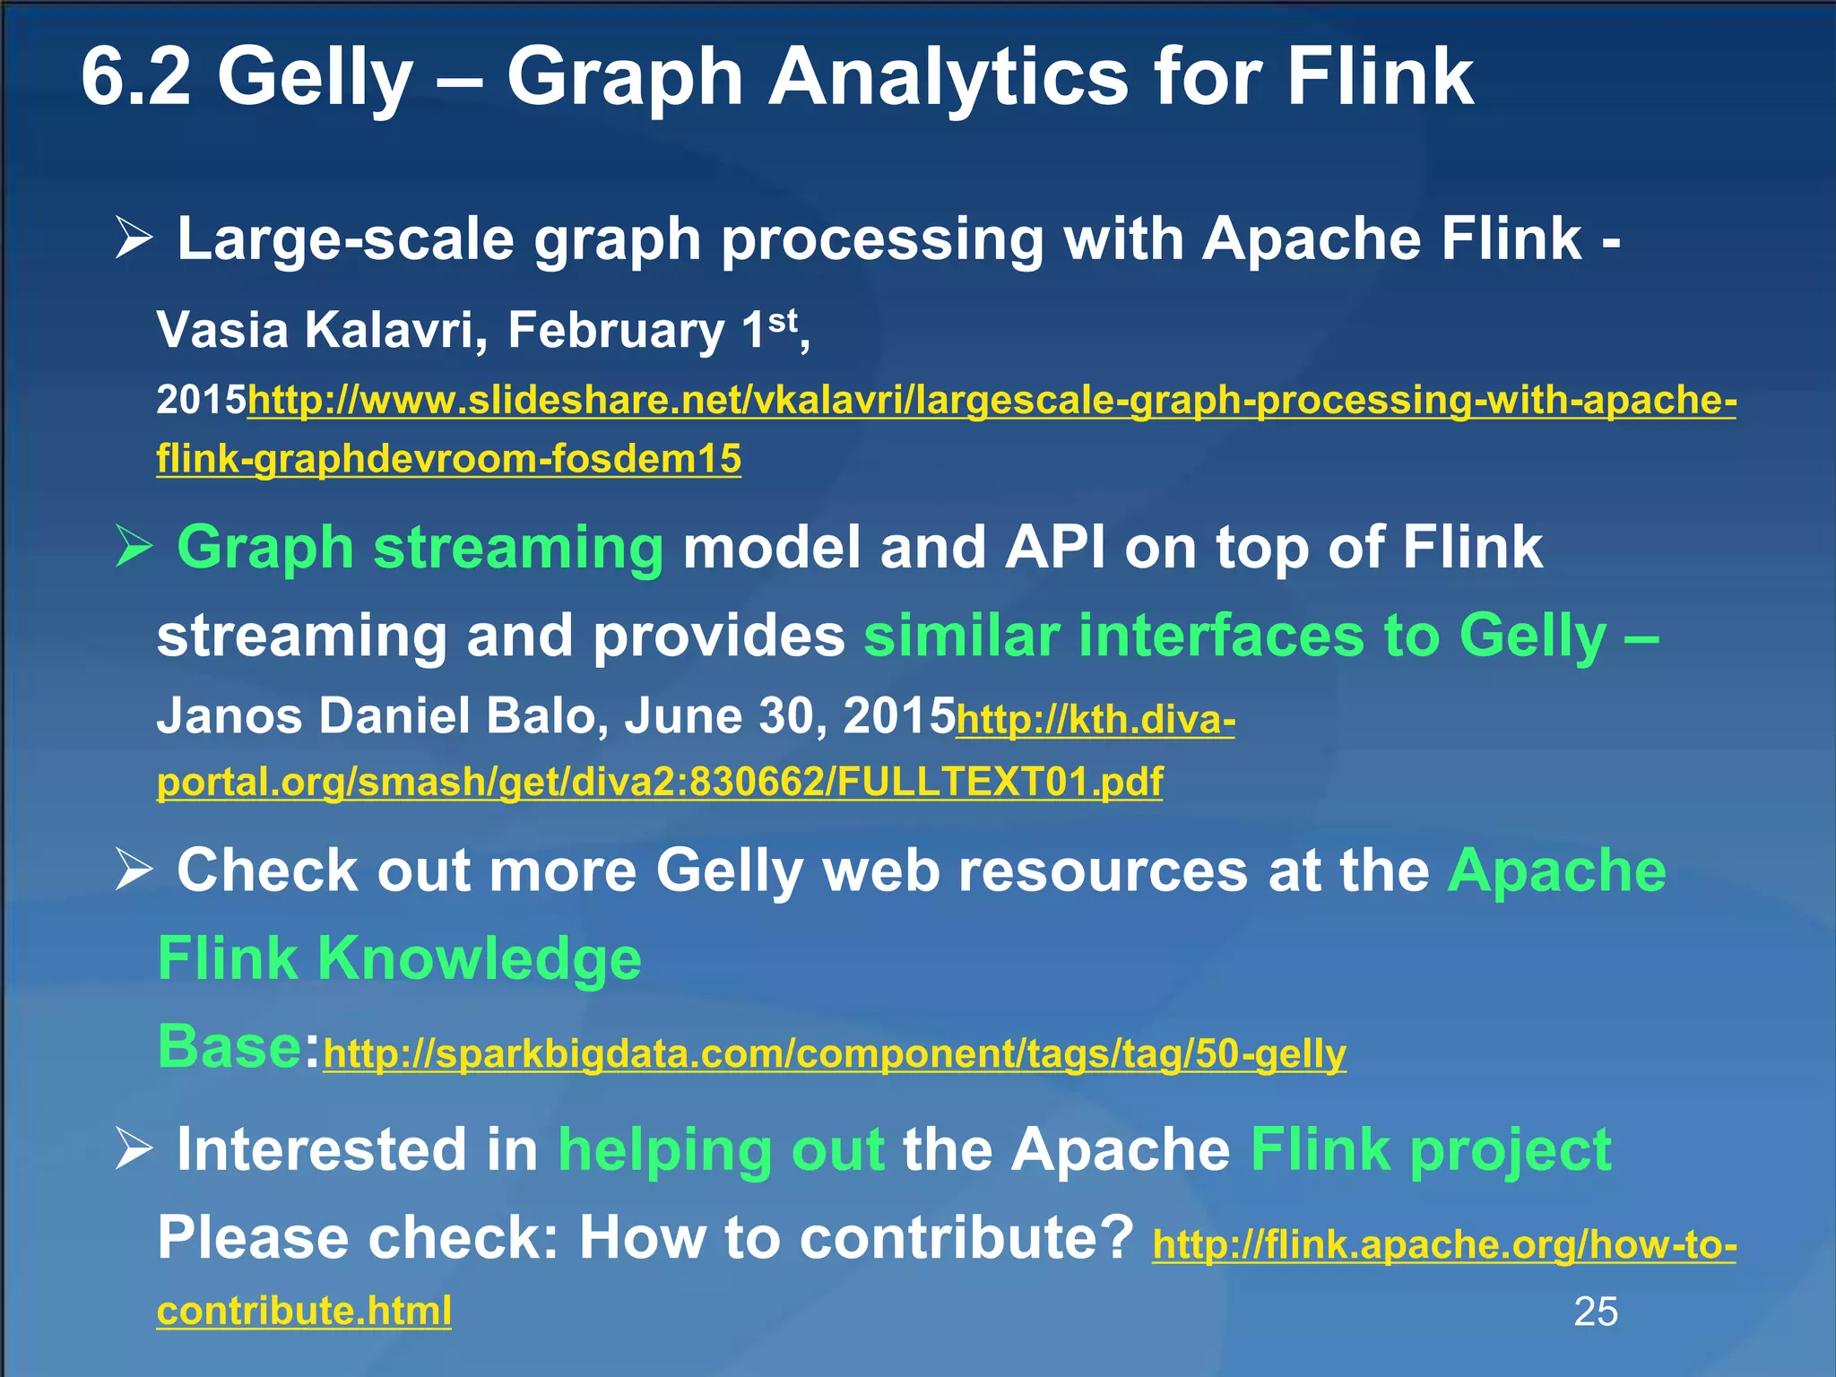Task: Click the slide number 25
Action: [x=1596, y=1312]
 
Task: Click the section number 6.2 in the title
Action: [x=136, y=77]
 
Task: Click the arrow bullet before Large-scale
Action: [x=134, y=240]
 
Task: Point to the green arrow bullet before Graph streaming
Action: [x=134, y=548]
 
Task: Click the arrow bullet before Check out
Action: [x=134, y=870]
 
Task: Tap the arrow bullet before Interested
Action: [x=134, y=1149]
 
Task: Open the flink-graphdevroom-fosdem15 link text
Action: [x=448, y=459]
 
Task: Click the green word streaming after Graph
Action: [x=518, y=549]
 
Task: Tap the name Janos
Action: [x=229, y=716]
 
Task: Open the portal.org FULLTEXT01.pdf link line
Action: [x=660, y=782]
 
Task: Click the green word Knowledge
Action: [x=480, y=959]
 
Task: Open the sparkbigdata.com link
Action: [x=834, y=1054]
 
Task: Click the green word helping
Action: [x=663, y=1151]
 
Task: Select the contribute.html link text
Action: [x=304, y=1311]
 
